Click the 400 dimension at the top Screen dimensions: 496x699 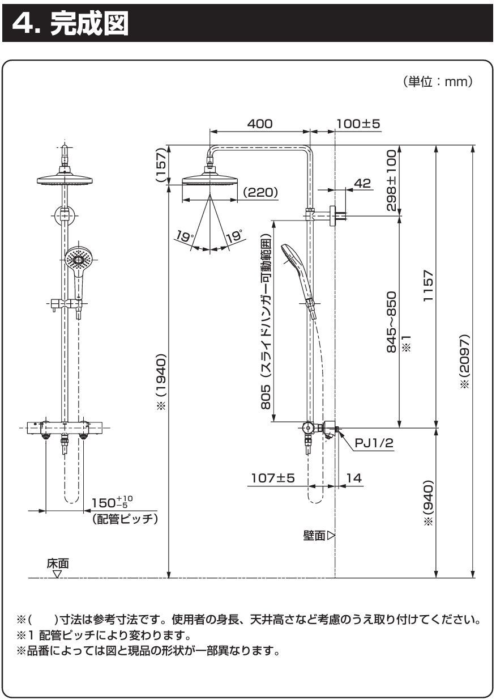[260, 124]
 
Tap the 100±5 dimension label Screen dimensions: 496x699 [358, 124]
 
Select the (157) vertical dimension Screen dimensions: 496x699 [161, 165]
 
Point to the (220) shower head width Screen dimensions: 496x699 [260, 192]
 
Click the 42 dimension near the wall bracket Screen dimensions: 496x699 [363, 183]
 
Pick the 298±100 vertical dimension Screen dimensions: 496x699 [391, 180]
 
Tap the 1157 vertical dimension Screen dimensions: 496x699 [429, 286]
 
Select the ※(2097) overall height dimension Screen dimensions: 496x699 [465, 361]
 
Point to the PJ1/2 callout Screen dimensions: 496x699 [374, 443]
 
